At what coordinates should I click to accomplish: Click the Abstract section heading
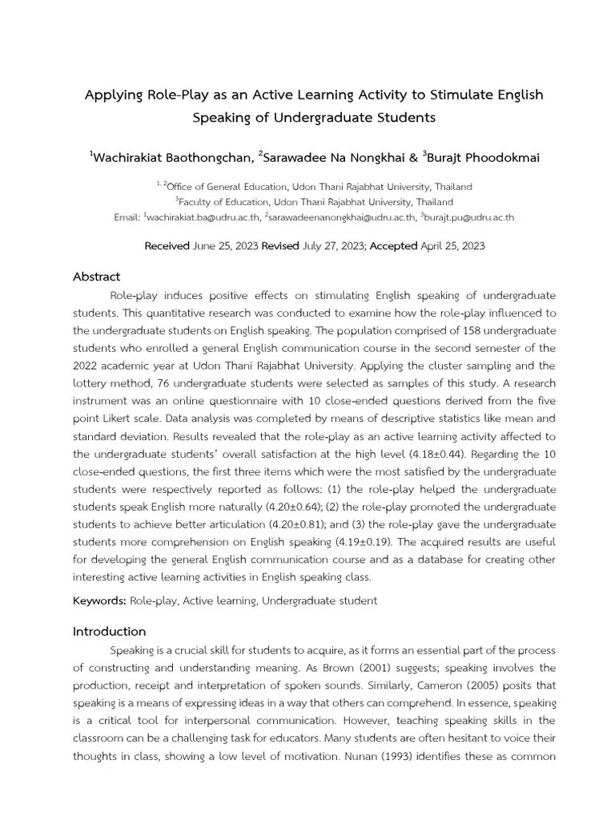point(96,277)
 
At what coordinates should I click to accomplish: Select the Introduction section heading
point(109,631)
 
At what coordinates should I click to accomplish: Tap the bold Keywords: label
point(99,600)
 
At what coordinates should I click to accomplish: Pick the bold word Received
point(167,246)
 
